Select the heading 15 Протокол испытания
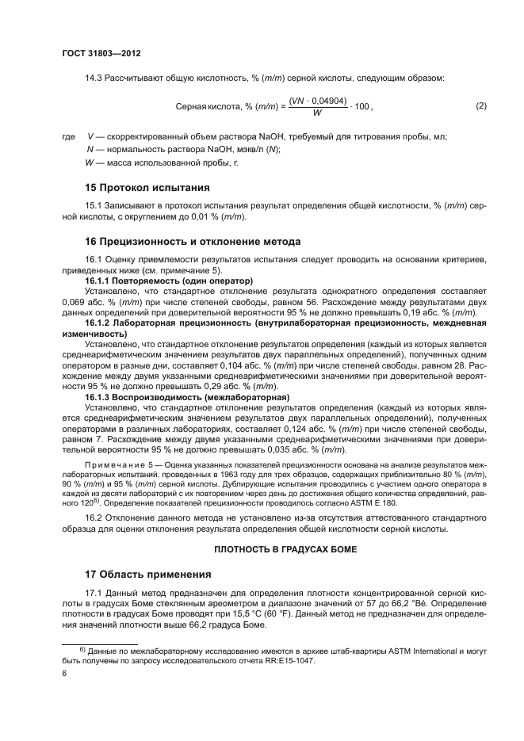tap(147, 188)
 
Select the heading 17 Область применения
tap(147, 574)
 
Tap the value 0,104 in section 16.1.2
tap(239, 365)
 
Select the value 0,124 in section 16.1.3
tap(239, 427)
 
